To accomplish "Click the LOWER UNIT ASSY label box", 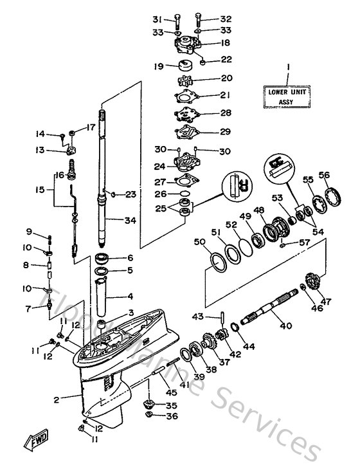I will [288, 96].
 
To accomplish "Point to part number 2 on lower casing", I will [57, 399].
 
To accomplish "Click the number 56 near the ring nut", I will [324, 174].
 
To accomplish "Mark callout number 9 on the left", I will [29, 232].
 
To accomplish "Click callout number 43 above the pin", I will [198, 316].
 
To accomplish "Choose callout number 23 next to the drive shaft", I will [131, 194].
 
